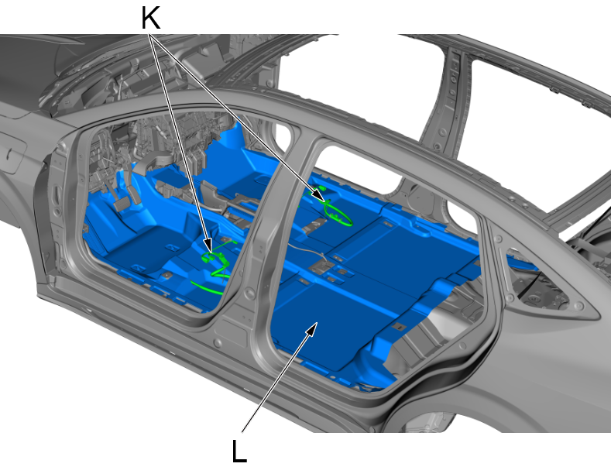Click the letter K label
(x=150, y=19)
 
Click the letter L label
(x=239, y=451)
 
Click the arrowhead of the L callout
(x=312, y=328)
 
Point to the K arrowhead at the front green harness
(x=209, y=246)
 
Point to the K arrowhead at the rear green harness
(x=320, y=197)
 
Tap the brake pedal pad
(x=121, y=204)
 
